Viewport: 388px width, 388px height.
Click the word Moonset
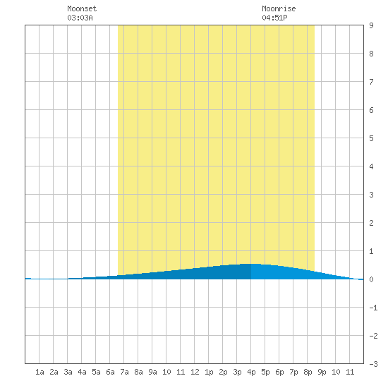(82, 8)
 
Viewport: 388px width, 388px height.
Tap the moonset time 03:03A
(80, 18)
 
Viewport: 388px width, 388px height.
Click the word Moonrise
(279, 8)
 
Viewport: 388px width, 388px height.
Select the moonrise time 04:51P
(274, 18)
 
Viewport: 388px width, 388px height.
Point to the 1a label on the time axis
(40, 372)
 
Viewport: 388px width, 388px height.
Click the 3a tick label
(68, 372)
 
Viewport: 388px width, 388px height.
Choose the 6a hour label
(110, 372)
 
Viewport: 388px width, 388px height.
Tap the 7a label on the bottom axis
(124, 372)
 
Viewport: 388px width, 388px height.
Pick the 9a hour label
(152, 372)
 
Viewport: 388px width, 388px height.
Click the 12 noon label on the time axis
(195, 372)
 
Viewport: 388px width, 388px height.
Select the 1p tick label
(209, 372)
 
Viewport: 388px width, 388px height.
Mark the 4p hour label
(251, 372)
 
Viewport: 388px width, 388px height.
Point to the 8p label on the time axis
(308, 372)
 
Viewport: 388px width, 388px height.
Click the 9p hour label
(322, 372)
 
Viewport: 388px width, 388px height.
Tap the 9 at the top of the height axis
(371, 25)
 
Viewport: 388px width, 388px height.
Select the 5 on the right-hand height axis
(371, 138)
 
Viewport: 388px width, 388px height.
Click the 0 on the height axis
(371, 279)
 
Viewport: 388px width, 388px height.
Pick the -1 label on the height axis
(373, 308)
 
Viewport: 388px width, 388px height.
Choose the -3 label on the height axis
(373, 364)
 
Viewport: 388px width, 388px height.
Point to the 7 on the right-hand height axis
(371, 82)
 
